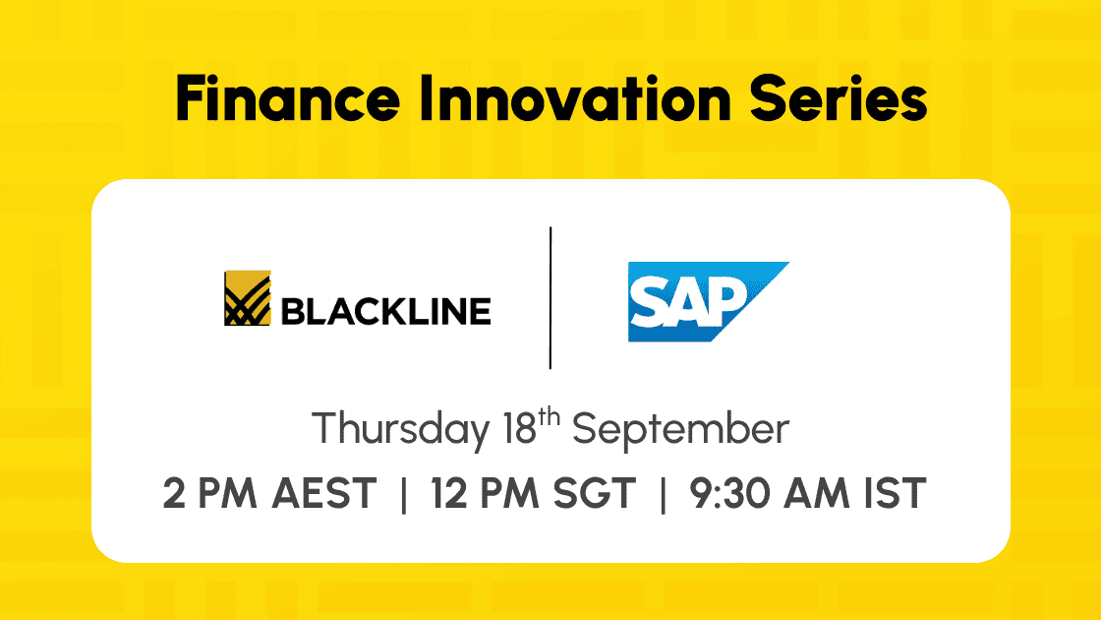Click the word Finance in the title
pos(287,98)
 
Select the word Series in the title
pos(839,98)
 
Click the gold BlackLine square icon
pos(247,298)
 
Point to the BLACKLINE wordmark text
pos(385,311)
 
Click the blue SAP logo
pos(708,301)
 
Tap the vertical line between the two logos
pos(550,297)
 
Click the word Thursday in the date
pos(401,429)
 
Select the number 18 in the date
pos(520,428)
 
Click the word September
pos(680,429)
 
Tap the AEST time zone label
pos(324,493)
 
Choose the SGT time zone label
pos(594,493)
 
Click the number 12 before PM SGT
pos(448,493)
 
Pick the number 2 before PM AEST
pos(174,493)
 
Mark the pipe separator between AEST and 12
pos(404,494)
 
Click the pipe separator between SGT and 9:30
pos(663,494)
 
